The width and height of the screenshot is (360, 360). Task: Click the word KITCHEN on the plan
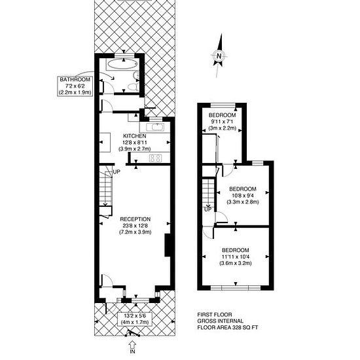pos(135,136)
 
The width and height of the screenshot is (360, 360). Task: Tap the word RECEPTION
pos(135,219)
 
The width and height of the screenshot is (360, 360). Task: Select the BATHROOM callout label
pos(75,86)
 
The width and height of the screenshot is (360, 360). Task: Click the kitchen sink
pos(155,127)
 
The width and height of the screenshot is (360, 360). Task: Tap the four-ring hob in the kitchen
pos(155,158)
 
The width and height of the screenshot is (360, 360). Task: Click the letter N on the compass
pos(219,56)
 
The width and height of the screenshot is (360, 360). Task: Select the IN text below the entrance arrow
pos(132,351)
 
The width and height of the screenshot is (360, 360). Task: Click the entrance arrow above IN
pos(132,344)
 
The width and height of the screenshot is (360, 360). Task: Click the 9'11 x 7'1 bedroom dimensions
pos(222,122)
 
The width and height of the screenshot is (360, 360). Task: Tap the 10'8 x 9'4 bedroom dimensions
pos(243,196)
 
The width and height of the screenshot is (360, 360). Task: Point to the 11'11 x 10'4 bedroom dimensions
pos(236,257)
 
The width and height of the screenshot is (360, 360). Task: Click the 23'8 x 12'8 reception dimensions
pos(135,226)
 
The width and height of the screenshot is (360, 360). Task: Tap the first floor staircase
pos(208,193)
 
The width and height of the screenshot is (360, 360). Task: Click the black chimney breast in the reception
pos(168,245)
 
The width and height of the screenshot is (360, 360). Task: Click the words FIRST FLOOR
pos(215,315)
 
